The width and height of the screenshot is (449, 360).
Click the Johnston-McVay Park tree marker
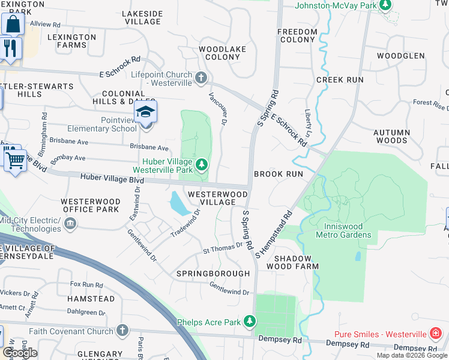click(x=387, y=6)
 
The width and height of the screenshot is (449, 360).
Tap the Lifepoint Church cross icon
click(x=201, y=77)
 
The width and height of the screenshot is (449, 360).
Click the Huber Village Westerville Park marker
click(x=202, y=164)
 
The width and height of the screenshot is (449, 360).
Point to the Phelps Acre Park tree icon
click(x=249, y=322)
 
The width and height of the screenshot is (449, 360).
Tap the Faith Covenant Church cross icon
click(x=122, y=331)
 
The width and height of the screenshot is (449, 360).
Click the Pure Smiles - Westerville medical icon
click(x=435, y=333)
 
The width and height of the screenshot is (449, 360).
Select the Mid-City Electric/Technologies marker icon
click(x=70, y=224)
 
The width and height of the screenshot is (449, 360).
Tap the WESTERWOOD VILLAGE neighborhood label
click(x=217, y=198)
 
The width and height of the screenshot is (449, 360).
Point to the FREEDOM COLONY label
click(x=297, y=35)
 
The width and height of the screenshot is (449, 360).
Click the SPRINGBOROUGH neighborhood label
click(x=212, y=274)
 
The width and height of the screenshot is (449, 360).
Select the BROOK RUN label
click(x=278, y=173)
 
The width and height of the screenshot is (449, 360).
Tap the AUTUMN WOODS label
click(x=391, y=136)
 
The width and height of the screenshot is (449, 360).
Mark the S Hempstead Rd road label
click(x=274, y=233)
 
